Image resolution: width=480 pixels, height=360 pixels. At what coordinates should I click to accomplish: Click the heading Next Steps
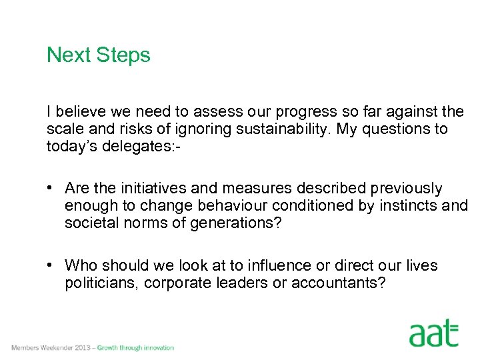click(x=99, y=55)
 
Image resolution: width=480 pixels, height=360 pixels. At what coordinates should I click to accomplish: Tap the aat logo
click(x=434, y=333)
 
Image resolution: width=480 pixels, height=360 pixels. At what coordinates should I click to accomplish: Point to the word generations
click(x=231, y=223)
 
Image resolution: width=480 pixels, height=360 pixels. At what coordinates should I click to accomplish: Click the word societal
click(x=91, y=223)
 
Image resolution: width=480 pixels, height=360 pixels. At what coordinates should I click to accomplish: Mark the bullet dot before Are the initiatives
click(x=51, y=189)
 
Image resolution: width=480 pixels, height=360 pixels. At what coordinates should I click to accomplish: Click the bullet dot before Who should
click(x=51, y=265)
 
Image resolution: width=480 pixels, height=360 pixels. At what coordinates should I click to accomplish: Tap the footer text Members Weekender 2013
click(x=51, y=348)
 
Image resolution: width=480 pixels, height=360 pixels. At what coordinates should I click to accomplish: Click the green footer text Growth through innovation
click(x=135, y=348)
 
